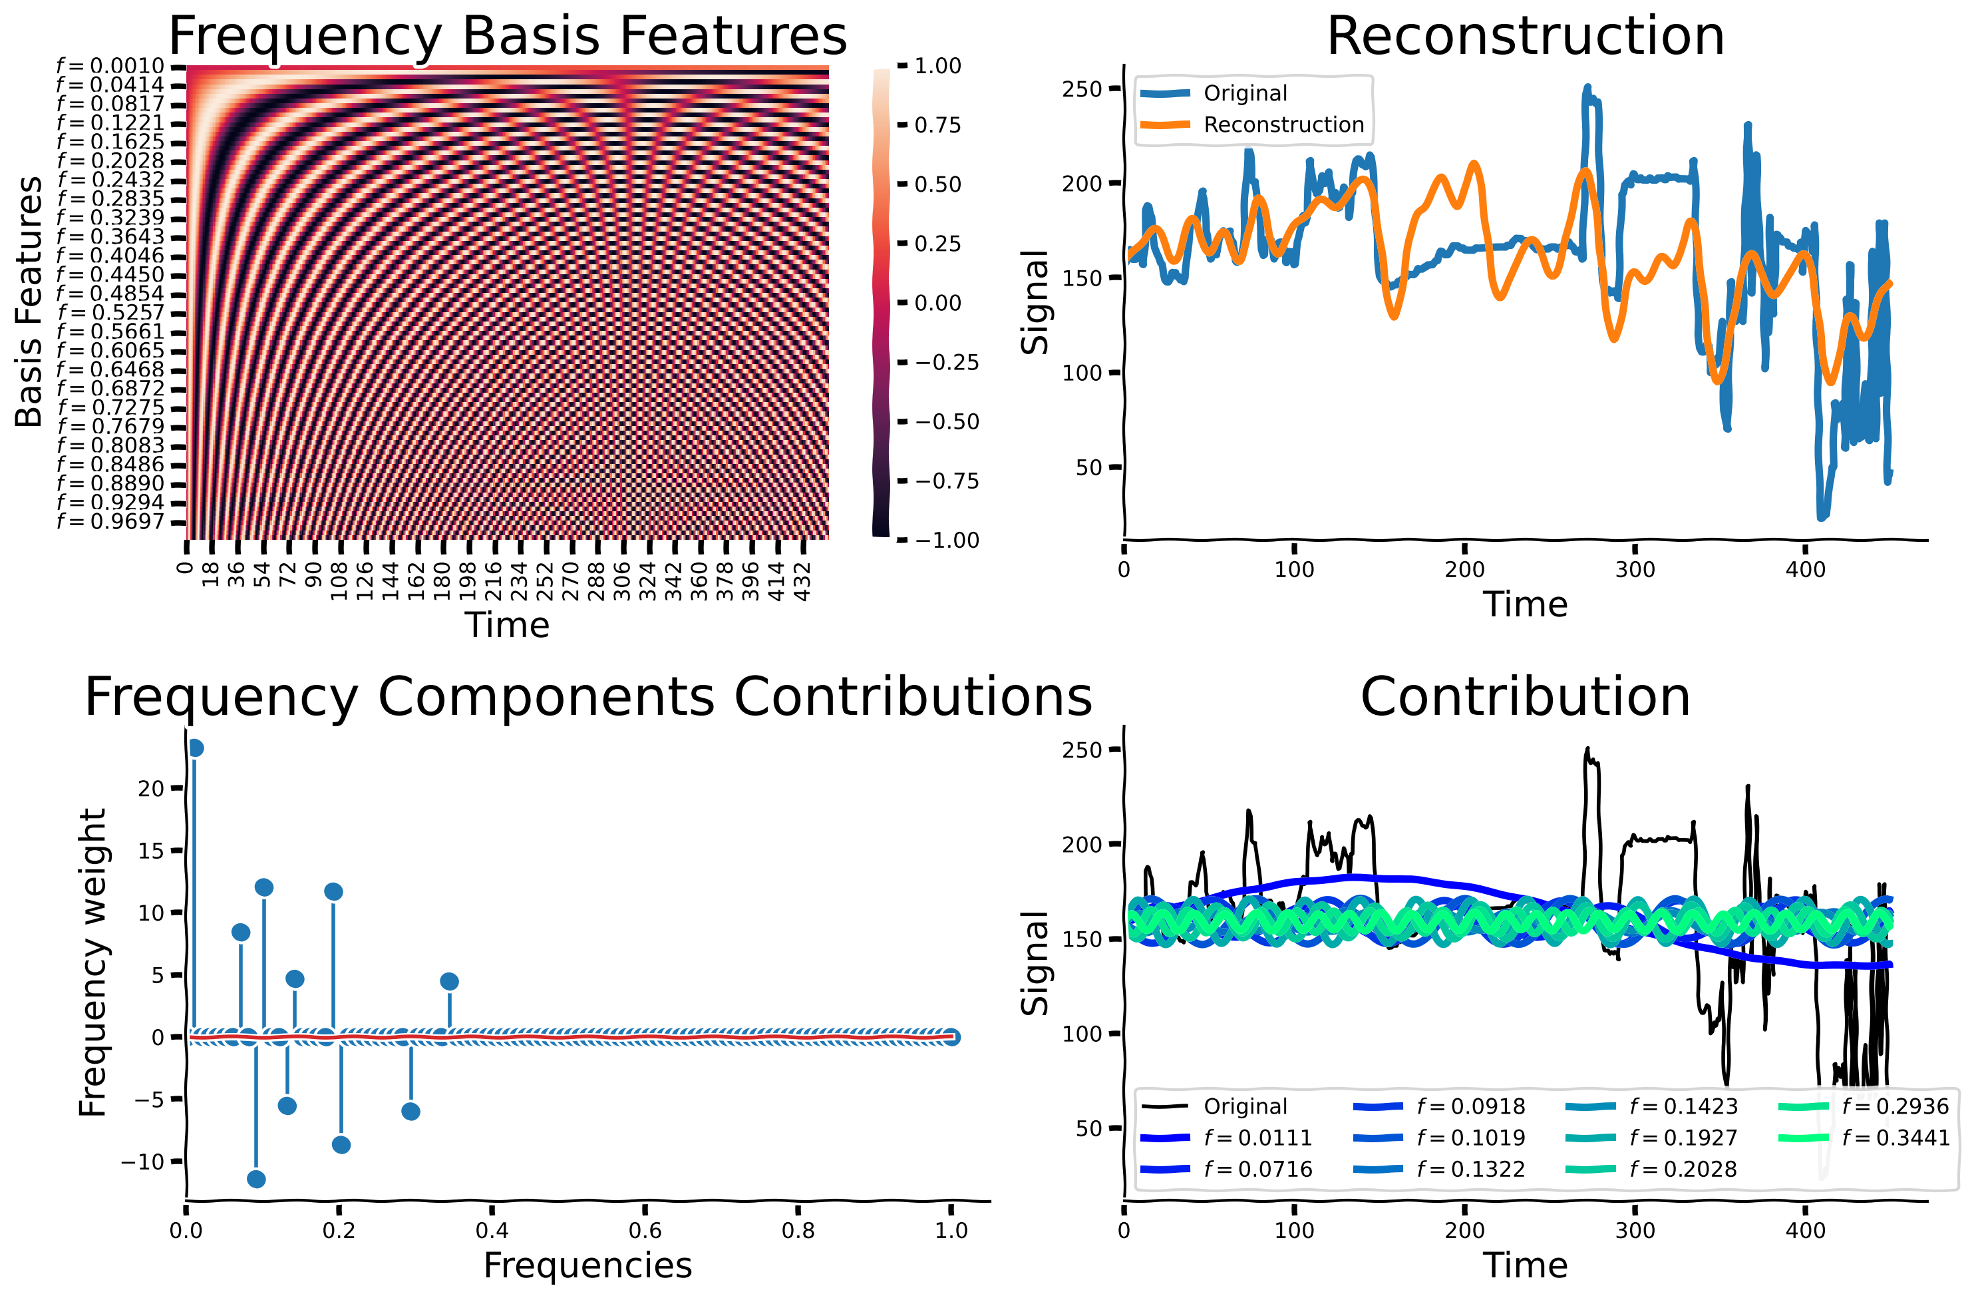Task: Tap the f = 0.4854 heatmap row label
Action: [x=110, y=294]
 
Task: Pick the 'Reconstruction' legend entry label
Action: [x=1283, y=124]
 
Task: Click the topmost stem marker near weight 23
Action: [x=196, y=748]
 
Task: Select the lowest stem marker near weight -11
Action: [x=256, y=1179]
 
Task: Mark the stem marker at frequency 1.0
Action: [x=951, y=1037]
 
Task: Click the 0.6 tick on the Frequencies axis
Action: [x=645, y=1230]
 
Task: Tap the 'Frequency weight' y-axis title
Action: [x=92, y=963]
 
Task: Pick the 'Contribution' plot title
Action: [x=1524, y=696]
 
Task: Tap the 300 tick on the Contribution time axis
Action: [x=1635, y=1230]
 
